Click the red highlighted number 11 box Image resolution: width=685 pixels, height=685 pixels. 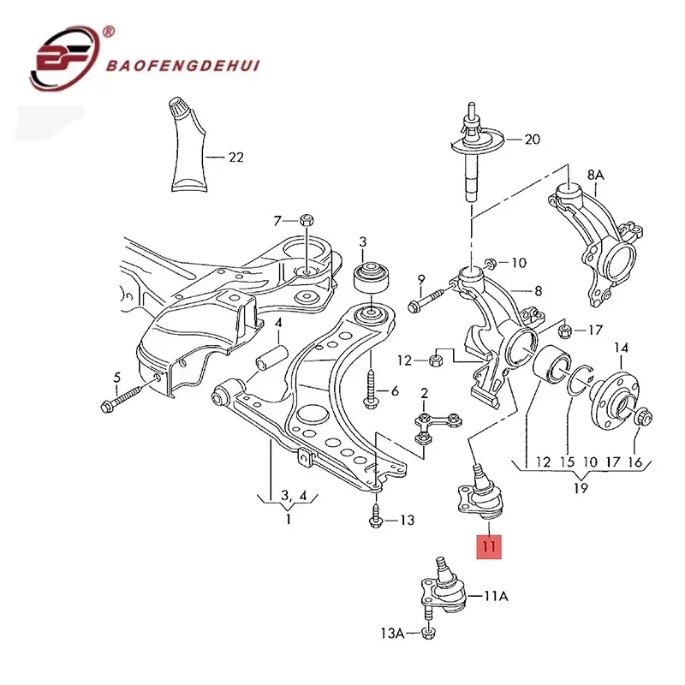[x=489, y=546]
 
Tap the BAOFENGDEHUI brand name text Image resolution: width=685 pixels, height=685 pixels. [x=183, y=66]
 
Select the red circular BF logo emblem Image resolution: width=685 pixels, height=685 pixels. [x=65, y=58]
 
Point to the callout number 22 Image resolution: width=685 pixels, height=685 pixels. [x=236, y=158]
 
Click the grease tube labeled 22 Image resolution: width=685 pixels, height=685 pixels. [x=188, y=145]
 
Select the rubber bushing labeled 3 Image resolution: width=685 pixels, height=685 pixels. [x=371, y=277]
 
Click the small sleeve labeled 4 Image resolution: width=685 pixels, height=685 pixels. [x=271, y=357]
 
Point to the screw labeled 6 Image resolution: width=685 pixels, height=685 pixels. [x=371, y=390]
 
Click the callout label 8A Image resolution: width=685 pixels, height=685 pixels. [x=595, y=176]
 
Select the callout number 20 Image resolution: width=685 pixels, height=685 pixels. [x=532, y=140]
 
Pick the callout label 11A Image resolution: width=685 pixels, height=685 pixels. [x=496, y=596]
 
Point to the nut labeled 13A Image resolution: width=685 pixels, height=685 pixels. [x=429, y=633]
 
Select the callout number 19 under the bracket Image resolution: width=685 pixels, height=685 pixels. [x=581, y=487]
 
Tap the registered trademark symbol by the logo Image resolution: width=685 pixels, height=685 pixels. [x=109, y=32]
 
